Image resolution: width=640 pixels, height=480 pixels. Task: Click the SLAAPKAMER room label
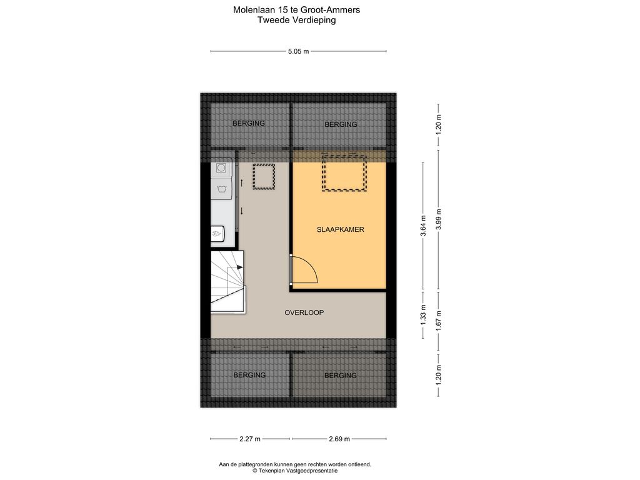[340, 230]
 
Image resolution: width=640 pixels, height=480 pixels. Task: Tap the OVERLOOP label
[304, 312]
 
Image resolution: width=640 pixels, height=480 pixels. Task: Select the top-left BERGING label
[249, 123]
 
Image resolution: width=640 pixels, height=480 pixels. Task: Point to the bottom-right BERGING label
[341, 376]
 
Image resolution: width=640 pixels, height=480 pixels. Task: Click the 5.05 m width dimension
[298, 52]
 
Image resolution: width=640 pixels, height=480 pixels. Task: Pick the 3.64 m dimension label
[423, 224]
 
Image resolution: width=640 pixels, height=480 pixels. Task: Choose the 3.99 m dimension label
[439, 219]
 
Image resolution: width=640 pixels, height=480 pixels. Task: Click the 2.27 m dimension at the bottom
[250, 439]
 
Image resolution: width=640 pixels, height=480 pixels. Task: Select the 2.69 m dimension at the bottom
[339, 439]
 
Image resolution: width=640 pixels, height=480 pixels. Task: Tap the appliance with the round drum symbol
[221, 167]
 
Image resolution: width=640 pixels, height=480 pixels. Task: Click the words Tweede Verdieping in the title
[296, 20]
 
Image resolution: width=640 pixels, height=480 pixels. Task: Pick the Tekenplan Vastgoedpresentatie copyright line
[295, 471]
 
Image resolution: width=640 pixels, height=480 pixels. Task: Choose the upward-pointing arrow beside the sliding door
[242, 183]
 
